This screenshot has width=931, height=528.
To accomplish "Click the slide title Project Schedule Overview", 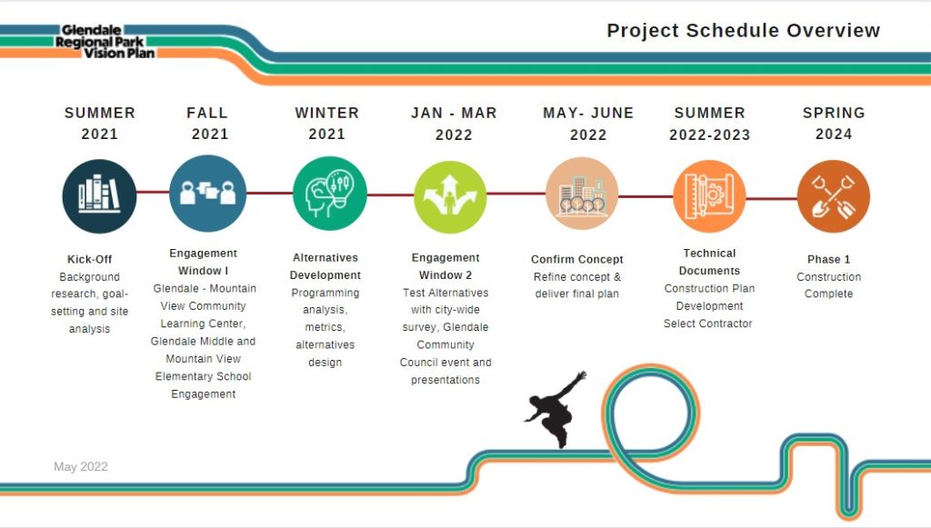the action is click(744, 31).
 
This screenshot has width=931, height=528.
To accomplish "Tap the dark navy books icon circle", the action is click(99, 195).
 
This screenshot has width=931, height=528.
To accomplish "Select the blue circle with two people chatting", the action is click(208, 194).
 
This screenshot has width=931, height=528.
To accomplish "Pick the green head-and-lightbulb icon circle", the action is click(329, 194).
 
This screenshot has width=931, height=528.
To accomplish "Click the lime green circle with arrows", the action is click(450, 197).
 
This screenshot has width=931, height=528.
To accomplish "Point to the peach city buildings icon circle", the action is click(582, 194).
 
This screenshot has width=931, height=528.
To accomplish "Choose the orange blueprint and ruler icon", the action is click(709, 196).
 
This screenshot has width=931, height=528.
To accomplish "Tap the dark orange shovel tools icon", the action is click(834, 196).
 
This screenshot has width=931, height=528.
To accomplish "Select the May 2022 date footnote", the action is click(81, 467).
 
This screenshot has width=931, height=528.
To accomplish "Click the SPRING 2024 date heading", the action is click(834, 124).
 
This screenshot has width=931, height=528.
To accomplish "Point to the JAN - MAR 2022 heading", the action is click(454, 124).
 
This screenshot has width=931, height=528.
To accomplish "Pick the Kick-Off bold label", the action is click(90, 259).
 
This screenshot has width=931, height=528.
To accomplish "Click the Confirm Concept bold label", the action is click(577, 259).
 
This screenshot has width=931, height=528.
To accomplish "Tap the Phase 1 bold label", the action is click(829, 259).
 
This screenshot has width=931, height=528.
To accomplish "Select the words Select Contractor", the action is click(707, 324).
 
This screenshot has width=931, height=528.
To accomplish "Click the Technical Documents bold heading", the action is click(709, 262).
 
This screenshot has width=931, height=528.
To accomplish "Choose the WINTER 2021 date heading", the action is click(327, 124).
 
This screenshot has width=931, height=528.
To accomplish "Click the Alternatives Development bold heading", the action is click(325, 266).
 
